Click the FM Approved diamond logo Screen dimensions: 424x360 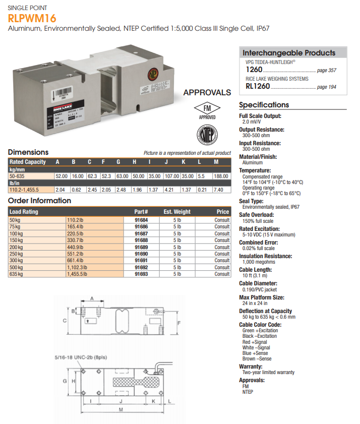coord(207,111)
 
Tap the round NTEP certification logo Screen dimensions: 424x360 coord(206,135)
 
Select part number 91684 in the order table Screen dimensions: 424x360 coord(141,220)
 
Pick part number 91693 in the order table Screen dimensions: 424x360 coord(141,274)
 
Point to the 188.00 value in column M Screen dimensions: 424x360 coord(220,176)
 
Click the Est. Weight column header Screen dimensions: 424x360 coord(177,212)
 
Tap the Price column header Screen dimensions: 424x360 coord(222,212)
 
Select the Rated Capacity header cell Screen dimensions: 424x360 coord(28,162)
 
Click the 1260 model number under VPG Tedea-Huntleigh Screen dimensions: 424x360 coord(254,70)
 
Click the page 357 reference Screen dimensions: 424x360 coord(326,71)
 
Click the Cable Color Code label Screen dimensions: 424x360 coord(260,325)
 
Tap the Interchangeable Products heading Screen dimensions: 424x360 coord(289,53)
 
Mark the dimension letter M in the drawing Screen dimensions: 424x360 coord(120,409)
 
